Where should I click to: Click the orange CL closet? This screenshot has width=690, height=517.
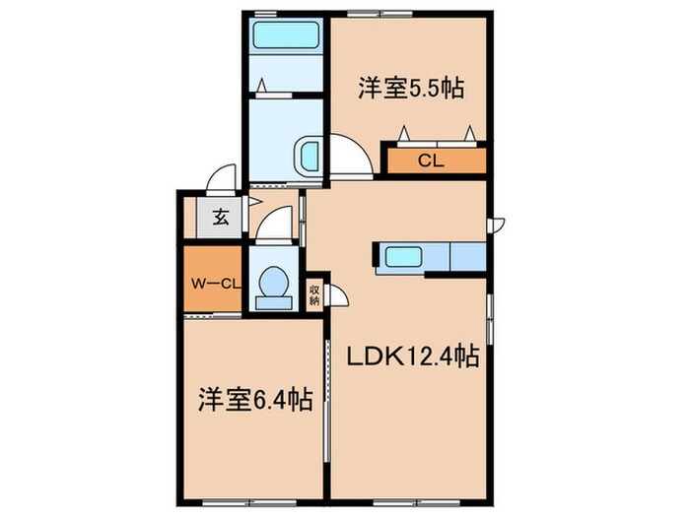click(x=430, y=160)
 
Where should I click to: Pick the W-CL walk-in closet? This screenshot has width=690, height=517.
click(x=213, y=284)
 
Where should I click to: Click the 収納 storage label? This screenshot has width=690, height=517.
click(x=314, y=294)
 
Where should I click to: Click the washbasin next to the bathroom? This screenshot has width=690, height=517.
click(x=309, y=156)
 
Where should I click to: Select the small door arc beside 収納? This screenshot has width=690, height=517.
click(x=335, y=294)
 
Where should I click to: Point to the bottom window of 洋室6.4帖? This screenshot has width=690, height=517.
click(x=254, y=499)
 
